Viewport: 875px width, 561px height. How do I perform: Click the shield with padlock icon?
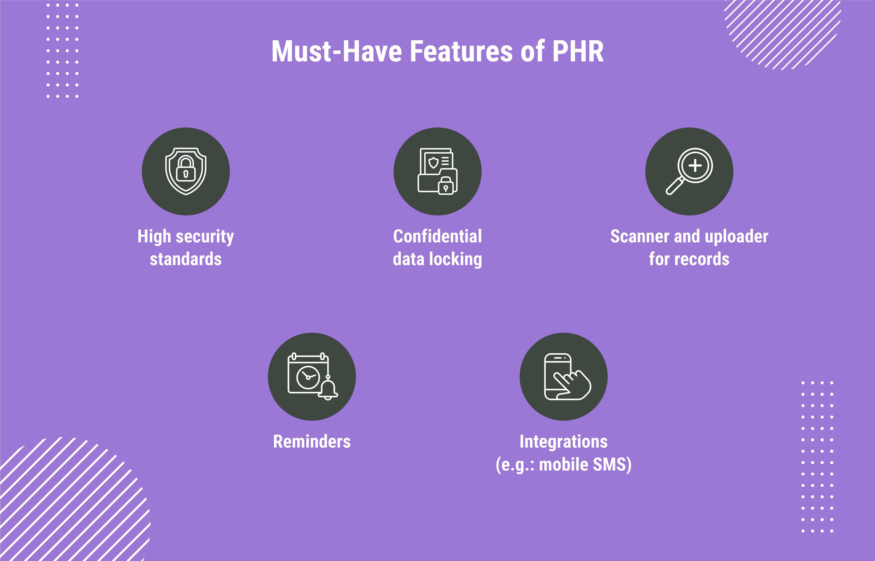coord(186,171)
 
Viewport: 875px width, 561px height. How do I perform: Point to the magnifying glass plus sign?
coord(695,165)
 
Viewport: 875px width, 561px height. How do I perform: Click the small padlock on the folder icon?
coord(446,186)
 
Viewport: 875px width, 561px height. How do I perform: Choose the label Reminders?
coord(312,441)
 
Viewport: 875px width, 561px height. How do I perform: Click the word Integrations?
coord(563,441)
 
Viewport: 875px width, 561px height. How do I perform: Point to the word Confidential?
coord(437,236)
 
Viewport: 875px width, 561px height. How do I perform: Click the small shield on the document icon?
coord(433,162)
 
